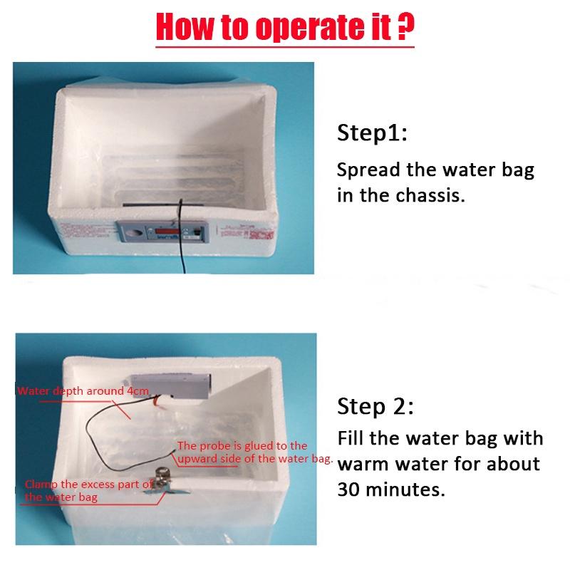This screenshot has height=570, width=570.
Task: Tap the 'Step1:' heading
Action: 372,134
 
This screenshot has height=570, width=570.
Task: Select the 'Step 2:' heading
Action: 375,407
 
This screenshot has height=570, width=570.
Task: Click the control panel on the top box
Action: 165,231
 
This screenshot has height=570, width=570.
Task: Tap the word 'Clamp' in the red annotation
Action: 41,485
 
